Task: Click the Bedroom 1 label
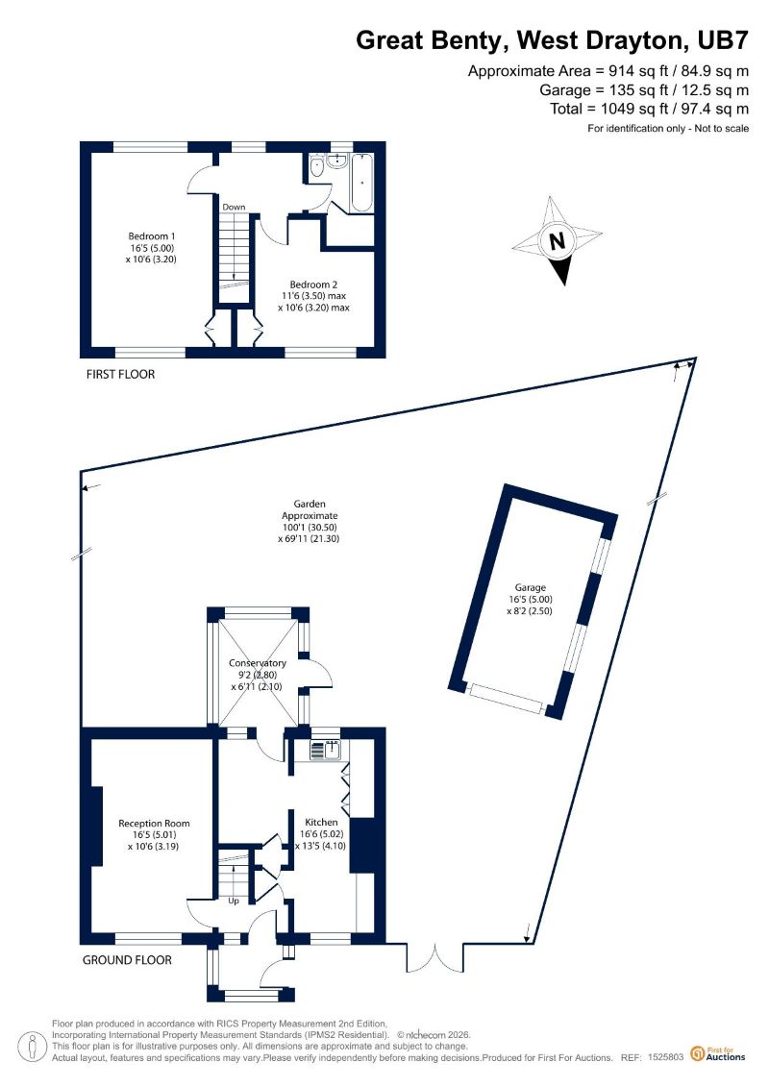tap(152, 248)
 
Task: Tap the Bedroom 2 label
tap(313, 296)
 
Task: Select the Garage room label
tap(530, 599)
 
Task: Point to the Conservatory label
tap(258, 675)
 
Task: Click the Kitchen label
tap(321, 834)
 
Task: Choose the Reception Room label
tap(153, 834)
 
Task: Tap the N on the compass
tap(557, 241)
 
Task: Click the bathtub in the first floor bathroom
tap(362, 183)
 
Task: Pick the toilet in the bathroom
tap(317, 166)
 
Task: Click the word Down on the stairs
tap(234, 207)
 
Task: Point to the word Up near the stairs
tap(234, 901)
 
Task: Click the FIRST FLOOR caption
tap(121, 375)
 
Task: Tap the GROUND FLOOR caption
tap(127, 960)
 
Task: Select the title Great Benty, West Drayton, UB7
tap(553, 40)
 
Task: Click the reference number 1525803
tap(666, 1058)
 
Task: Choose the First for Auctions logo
tap(718, 1054)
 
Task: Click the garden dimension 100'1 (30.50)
tap(310, 527)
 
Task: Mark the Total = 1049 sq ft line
tap(649, 109)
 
